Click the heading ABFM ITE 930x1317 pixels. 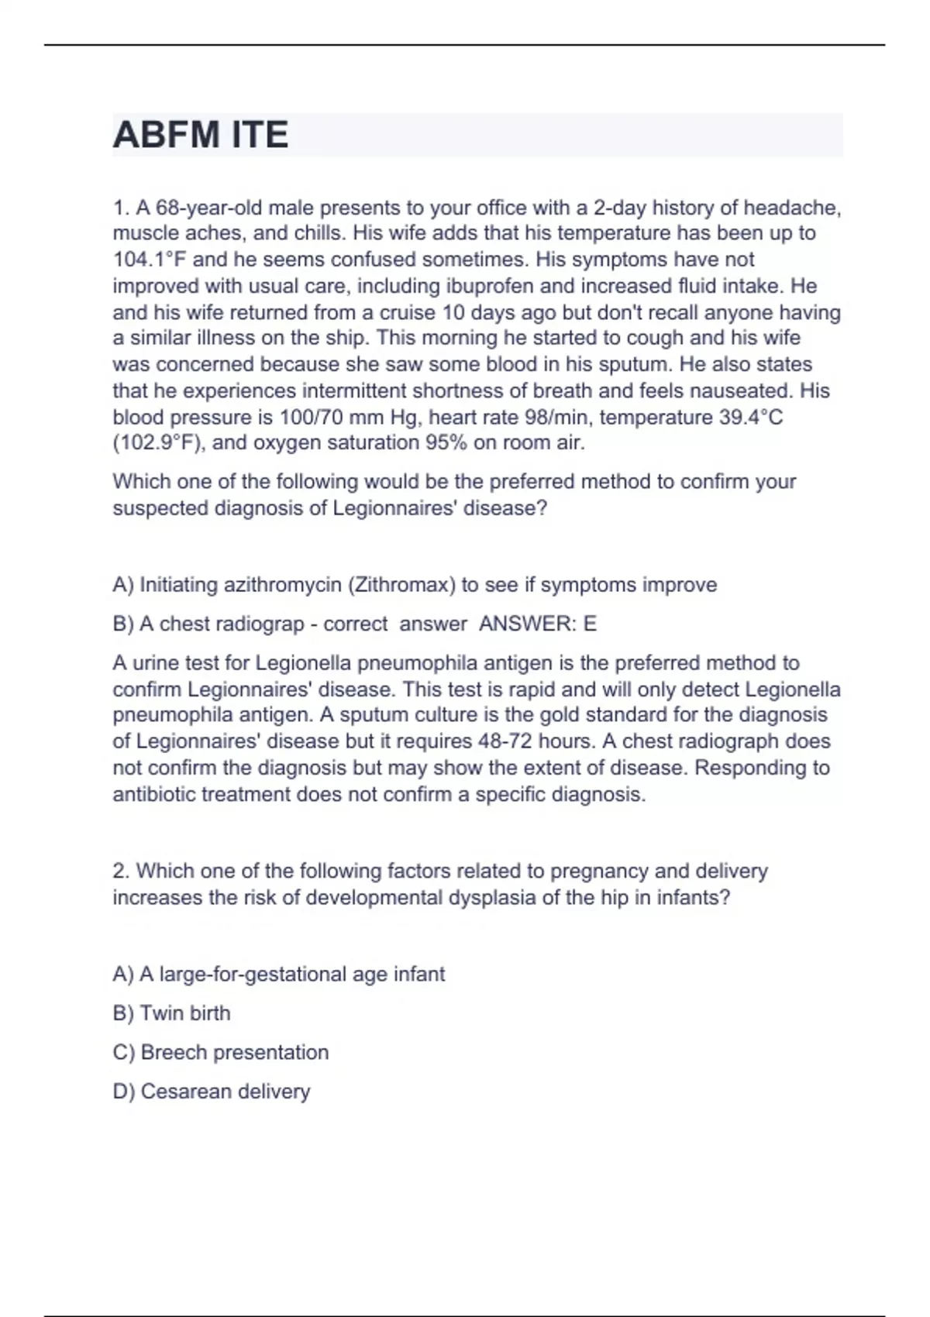(201, 136)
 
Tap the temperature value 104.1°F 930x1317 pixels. (149, 260)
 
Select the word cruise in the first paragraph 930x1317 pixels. (407, 312)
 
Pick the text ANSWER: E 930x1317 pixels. (538, 624)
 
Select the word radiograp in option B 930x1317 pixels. (260, 624)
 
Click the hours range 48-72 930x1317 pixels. (506, 741)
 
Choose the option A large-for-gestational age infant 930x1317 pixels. (279, 974)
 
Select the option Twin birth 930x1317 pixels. (172, 1013)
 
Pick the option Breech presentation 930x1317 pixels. (221, 1053)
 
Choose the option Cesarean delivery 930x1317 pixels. (212, 1092)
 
